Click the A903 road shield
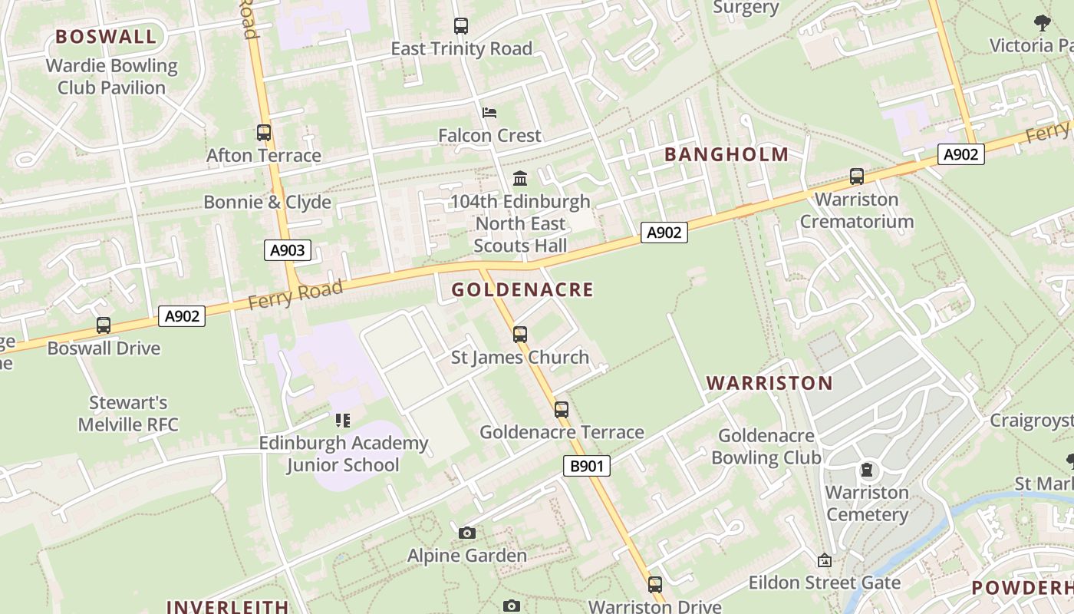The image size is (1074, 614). tap(288, 249)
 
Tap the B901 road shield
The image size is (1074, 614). tap(587, 465)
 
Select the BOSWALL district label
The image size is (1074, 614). tap(106, 36)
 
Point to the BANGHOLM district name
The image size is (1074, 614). tap(726, 154)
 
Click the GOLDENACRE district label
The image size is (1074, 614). tap(522, 289)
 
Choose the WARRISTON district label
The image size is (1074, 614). tap(769, 383)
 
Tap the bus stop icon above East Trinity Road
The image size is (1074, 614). tap(461, 26)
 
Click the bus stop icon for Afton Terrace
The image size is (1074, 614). tap(264, 133)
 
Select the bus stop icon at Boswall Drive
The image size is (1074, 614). tap(104, 325)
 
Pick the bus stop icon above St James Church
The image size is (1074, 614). tap(520, 335)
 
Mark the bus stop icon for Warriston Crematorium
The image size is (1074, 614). tap(857, 177)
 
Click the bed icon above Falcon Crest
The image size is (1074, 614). tap(489, 113)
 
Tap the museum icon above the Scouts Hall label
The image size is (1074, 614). tap(520, 179)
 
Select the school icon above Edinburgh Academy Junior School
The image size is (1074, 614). tap(343, 421)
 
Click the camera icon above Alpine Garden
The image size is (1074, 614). tap(467, 533)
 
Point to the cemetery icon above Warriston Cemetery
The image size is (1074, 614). tap(867, 469)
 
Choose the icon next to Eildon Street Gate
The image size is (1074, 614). tap(825, 560)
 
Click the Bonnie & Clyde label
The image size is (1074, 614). tap(267, 203)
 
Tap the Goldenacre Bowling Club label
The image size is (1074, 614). tap(766, 447)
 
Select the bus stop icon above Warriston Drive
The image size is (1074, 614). tap(654, 584)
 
